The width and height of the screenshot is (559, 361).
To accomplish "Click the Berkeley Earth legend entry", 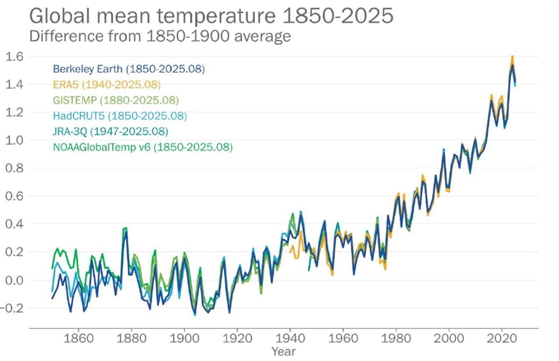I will pyautogui.click(x=128, y=69).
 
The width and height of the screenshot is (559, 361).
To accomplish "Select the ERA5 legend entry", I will pyautogui.click(x=107, y=84).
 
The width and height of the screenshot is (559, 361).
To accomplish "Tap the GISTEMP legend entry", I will pyautogui.click(x=116, y=100).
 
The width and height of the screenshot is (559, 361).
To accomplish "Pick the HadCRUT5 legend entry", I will pyautogui.click(x=120, y=116).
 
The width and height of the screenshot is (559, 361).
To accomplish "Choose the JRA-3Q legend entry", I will pyautogui.click(x=111, y=132).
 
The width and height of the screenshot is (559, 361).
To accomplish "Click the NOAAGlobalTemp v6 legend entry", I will pyautogui.click(x=142, y=147).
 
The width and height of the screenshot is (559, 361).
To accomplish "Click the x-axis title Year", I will pyautogui.click(x=283, y=351).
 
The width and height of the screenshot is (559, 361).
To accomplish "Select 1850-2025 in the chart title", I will pyautogui.click(x=335, y=16).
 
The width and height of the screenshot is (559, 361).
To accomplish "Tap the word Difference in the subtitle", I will pyautogui.click(x=62, y=36).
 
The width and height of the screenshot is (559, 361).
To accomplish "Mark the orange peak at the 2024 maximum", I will pyautogui.click(x=512, y=56).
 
